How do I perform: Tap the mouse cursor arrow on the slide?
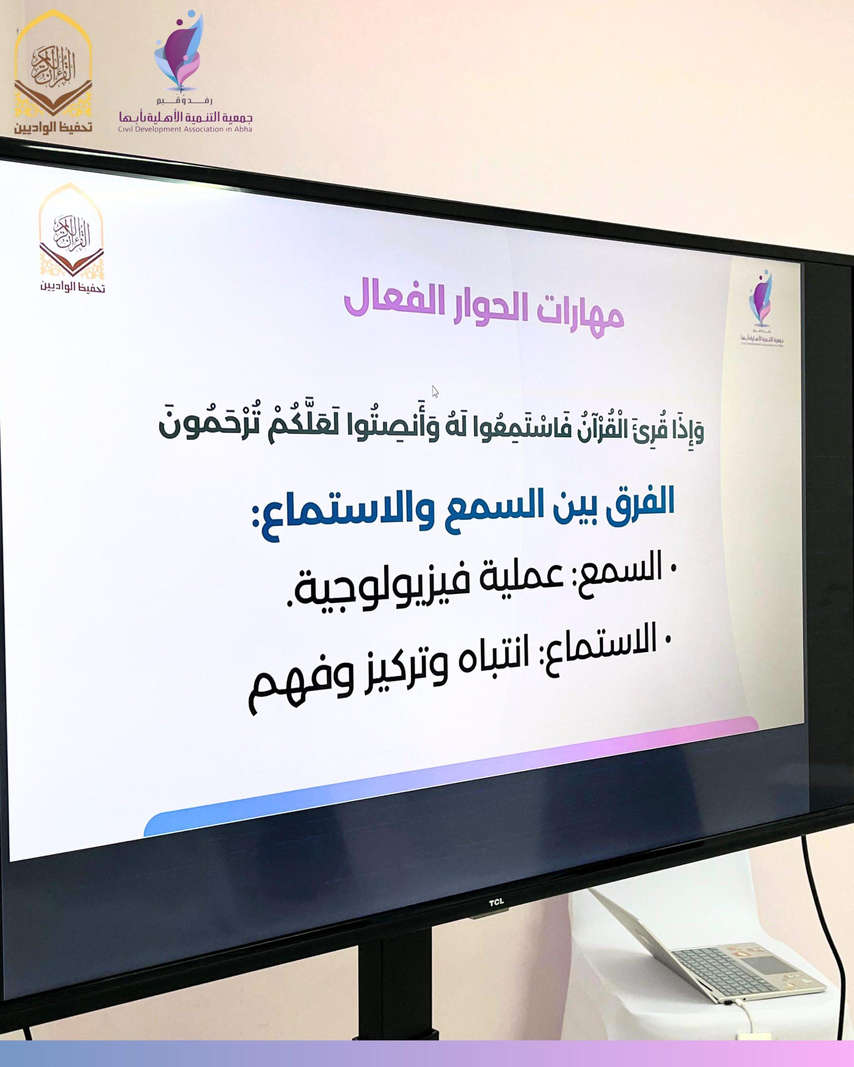click(x=435, y=392)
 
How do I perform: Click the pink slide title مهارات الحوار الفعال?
click(x=484, y=313)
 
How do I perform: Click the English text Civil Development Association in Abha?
click(x=185, y=129)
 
